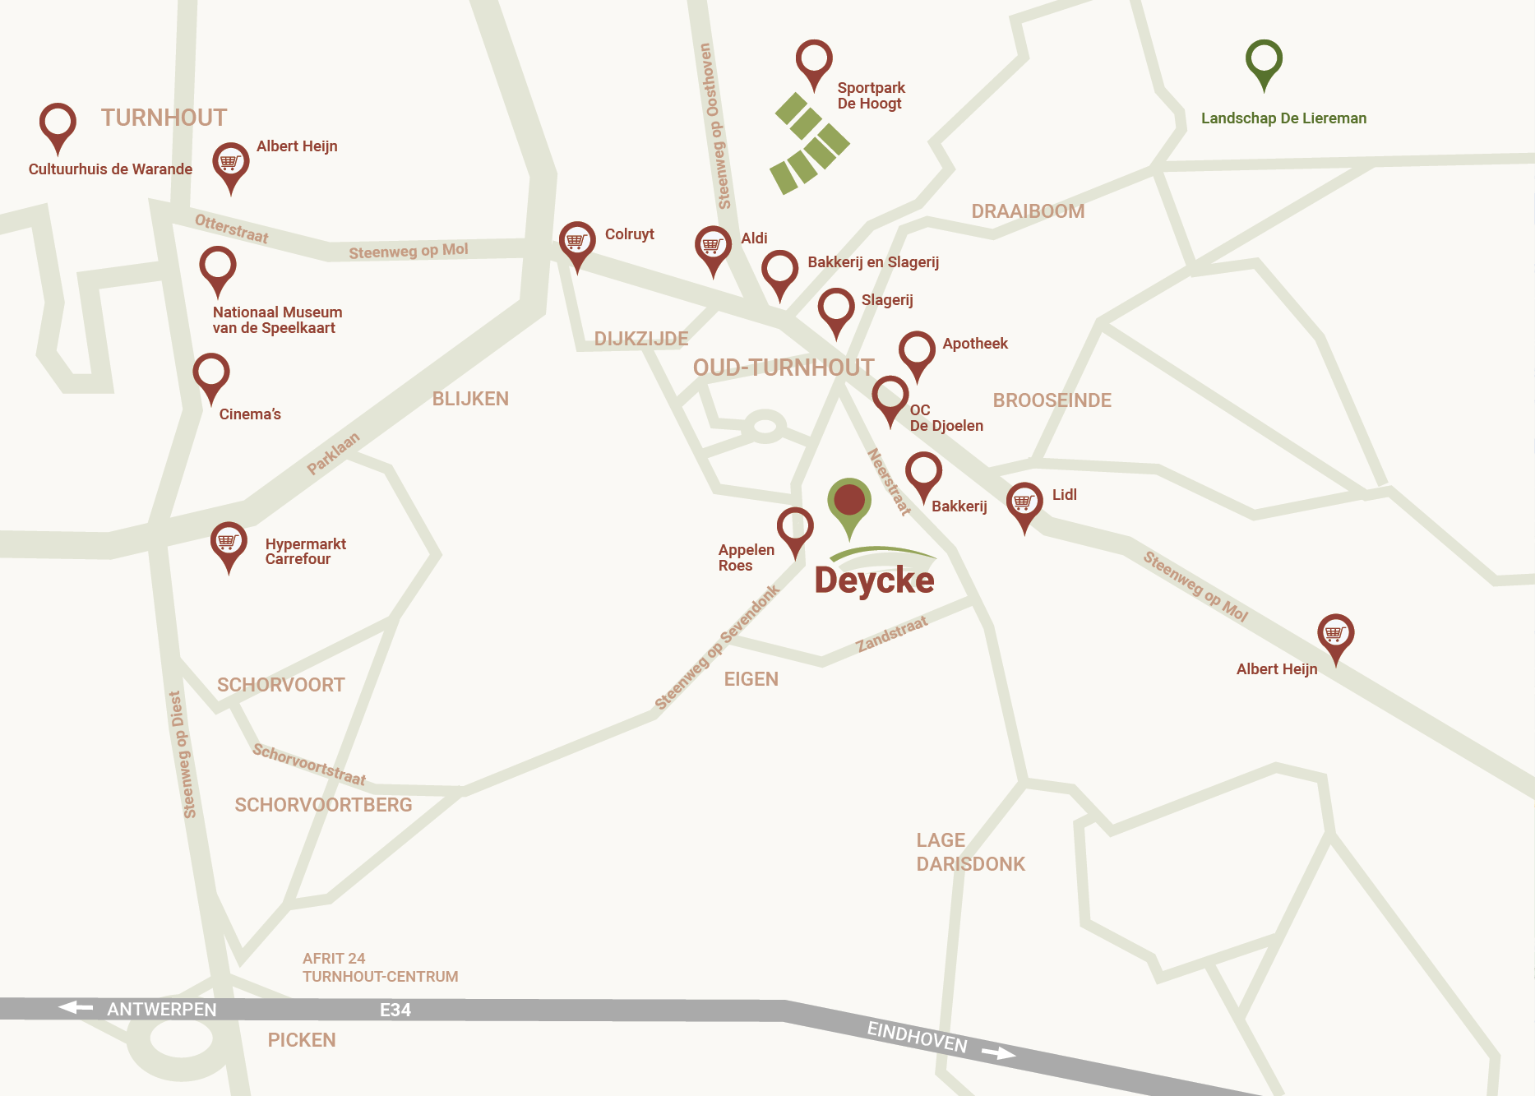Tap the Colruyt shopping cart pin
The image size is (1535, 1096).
(x=577, y=242)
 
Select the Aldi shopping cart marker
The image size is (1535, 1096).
(x=713, y=246)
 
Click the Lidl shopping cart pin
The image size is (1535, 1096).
(x=1024, y=502)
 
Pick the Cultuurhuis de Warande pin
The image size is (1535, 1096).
(x=58, y=124)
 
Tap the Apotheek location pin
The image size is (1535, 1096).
(x=917, y=351)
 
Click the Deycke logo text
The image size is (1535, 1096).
(x=874, y=580)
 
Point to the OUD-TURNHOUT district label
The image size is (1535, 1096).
(x=784, y=368)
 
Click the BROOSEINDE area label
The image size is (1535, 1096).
(x=1052, y=400)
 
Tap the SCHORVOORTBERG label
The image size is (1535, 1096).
(x=323, y=805)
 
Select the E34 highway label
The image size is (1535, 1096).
(x=395, y=1010)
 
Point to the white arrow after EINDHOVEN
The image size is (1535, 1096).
(x=998, y=1052)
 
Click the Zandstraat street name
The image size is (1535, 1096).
(x=892, y=635)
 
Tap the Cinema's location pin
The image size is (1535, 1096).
(x=211, y=374)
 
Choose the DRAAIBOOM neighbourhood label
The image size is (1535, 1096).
(x=1028, y=211)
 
